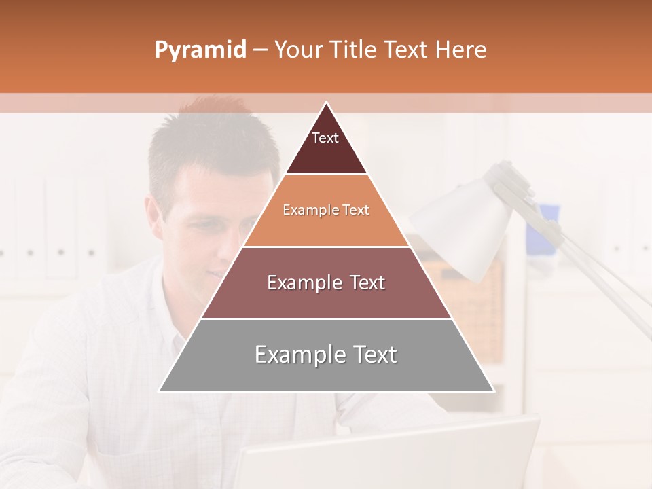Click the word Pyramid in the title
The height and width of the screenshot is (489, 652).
click(200, 50)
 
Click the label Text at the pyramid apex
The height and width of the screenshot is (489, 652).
click(325, 138)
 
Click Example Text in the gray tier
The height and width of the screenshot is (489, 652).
click(326, 355)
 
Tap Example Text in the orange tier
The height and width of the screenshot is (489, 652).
click(326, 210)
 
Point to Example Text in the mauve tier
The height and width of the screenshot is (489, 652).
click(326, 283)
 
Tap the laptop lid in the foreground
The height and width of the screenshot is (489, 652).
click(387, 455)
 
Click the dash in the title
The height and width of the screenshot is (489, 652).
click(259, 50)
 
